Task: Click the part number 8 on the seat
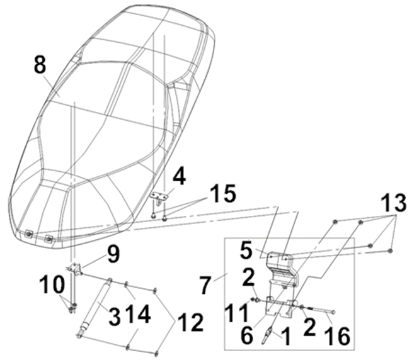(x=40, y=64)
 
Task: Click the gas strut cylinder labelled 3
(x=96, y=308)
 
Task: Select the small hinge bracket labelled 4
(x=159, y=196)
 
